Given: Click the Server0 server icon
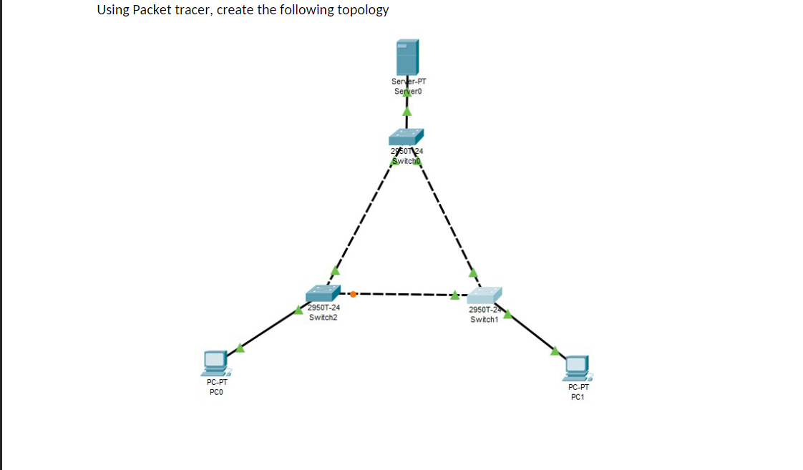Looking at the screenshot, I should coord(407,57).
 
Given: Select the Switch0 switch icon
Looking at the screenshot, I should coord(407,136).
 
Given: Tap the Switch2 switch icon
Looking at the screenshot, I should coord(323,293).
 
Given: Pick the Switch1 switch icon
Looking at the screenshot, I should coord(485,295).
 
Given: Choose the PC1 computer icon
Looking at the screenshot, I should coord(577,368).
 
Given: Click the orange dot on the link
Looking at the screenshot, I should coord(354,293).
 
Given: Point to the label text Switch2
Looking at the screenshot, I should coord(323,317).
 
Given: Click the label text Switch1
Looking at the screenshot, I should coord(484,319).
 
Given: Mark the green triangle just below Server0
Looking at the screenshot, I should coord(407,111).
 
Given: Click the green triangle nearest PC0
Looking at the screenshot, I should coord(240,348).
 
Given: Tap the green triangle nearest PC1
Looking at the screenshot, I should coord(555,350).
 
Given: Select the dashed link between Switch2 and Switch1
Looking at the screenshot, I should coord(404,293).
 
